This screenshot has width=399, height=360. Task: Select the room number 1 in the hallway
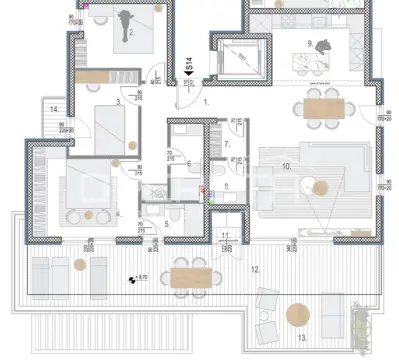coord(205,102)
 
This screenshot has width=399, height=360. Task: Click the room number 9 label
coord(310,43)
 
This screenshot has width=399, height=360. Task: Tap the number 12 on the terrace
coord(254,270)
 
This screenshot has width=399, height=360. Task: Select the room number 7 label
coord(226,145)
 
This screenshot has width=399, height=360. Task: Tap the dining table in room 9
coord(322,105)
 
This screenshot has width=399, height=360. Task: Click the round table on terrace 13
coord(297,316)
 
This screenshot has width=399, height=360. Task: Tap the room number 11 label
coord(226,235)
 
